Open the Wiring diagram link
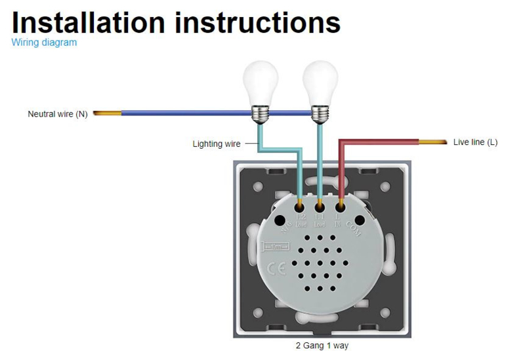click(44, 43)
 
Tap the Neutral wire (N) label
click(58, 114)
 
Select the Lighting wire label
click(217, 144)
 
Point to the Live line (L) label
click(476, 142)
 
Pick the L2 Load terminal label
click(301, 220)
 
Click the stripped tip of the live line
click(434, 142)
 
